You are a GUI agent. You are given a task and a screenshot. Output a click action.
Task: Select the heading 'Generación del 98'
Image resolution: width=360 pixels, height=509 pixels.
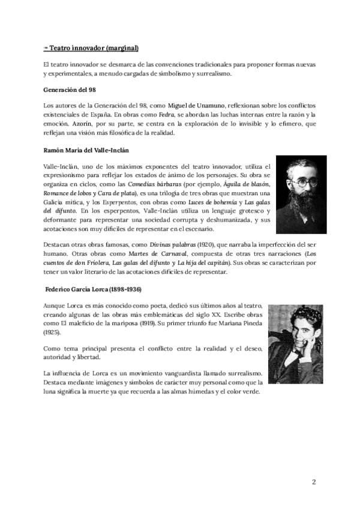click(70, 90)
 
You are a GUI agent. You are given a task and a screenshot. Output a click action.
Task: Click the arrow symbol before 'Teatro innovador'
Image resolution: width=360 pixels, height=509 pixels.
click(46, 48)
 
